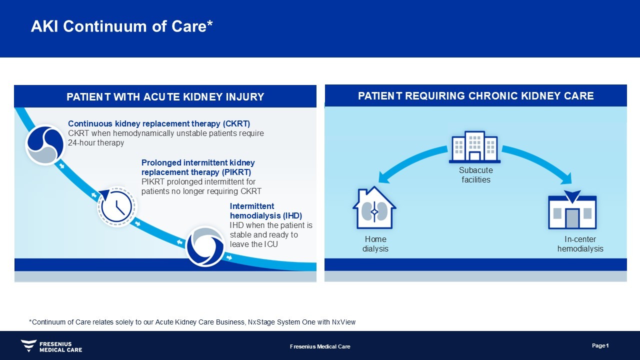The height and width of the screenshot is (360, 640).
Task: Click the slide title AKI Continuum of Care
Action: [121, 26]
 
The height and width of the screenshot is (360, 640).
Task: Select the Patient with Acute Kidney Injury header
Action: [165, 97]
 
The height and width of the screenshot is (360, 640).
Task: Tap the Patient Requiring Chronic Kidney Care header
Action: [475, 96]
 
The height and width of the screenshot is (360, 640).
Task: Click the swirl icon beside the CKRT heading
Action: [45, 145]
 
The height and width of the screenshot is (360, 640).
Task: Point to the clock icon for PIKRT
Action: [117, 206]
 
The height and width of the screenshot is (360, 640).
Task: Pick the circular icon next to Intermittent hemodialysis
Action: [205, 246]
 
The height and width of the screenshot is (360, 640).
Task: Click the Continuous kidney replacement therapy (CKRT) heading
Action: [159, 123]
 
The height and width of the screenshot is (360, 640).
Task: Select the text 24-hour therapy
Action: [96, 142]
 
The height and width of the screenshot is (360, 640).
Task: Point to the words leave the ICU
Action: [253, 244]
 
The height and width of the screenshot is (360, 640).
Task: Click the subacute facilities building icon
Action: [474, 147]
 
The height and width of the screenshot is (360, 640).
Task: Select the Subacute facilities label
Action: [476, 175]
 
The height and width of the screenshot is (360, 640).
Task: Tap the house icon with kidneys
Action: [374, 207]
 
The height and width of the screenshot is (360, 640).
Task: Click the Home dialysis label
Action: [375, 243]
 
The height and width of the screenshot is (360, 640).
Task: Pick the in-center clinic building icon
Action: [572, 210]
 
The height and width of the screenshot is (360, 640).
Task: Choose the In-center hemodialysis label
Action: [580, 243]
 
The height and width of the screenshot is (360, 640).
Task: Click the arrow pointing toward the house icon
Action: [409, 160]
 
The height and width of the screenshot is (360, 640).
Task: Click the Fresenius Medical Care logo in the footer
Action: [51, 346]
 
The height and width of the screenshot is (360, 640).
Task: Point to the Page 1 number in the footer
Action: [600, 345]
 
